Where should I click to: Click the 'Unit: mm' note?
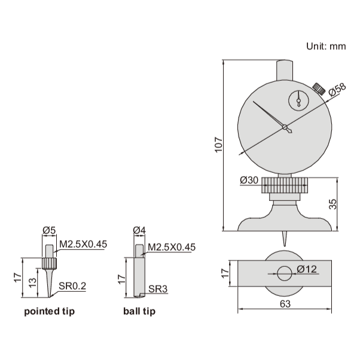(x=326, y=46)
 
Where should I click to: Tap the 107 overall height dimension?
(x=219, y=144)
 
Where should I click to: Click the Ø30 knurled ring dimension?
(x=249, y=180)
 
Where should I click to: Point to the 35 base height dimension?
(x=333, y=203)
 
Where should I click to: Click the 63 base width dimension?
(x=285, y=304)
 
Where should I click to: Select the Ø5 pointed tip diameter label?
(x=49, y=231)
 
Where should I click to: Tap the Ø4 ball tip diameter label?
(x=139, y=231)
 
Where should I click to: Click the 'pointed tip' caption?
(x=50, y=312)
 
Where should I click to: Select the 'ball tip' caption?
(x=139, y=312)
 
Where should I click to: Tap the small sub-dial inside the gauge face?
(x=297, y=100)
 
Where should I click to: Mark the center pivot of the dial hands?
(x=286, y=127)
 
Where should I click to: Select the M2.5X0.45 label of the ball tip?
(x=171, y=246)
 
